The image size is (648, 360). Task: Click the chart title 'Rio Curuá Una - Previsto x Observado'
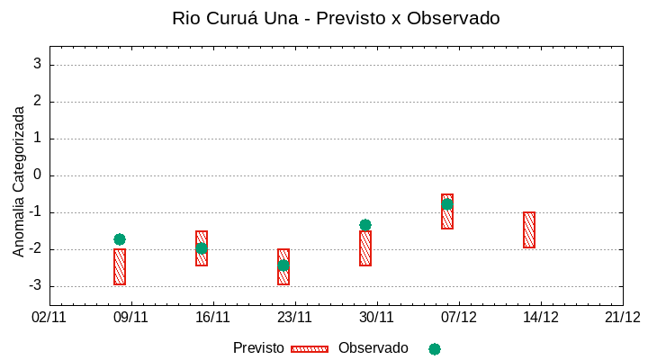[x=336, y=18]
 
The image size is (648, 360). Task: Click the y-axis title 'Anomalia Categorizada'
[x=19, y=180]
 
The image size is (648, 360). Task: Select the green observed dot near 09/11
[x=120, y=239]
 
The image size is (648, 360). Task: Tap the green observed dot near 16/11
[x=202, y=248]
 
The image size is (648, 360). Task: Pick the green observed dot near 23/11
[x=283, y=265]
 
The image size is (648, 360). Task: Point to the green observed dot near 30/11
[x=365, y=225]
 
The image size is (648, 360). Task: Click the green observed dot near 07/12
[x=447, y=204]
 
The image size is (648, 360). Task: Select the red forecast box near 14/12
[x=529, y=229]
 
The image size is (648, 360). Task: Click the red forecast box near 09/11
[x=120, y=267]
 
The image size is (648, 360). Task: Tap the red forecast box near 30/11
[x=365, y=249]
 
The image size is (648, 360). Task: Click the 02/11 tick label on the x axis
[x=49, y=317]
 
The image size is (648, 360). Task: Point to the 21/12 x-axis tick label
[x=623, y=317]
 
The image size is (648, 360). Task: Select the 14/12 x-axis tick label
[x=541, y=317]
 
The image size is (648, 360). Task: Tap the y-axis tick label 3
[x=38, y=65]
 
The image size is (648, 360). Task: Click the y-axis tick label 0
[x=38, y=175]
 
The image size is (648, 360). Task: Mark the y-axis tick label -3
[x=35, y=286]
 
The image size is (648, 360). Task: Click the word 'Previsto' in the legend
[x=258, y=348]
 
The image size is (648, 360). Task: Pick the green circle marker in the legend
[x=435, y=349]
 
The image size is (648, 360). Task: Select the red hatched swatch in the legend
[x=310, y=349]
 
